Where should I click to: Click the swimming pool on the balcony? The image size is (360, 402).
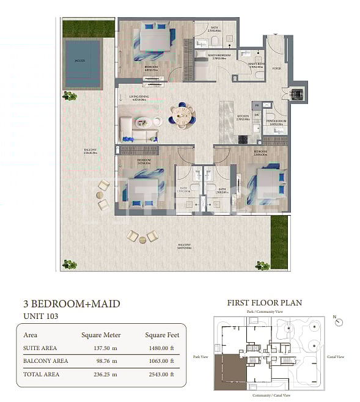pyautogui.click(x=81, y=59)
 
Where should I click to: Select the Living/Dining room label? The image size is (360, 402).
pyautogui.click(x=140, y=96)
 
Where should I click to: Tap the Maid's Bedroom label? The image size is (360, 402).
pyautogui.click(x=218, y=54)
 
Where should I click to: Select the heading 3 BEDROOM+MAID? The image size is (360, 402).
pyautogui.click(x=72, y=303)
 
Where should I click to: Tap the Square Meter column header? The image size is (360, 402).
pyautogui.click(x=101, y=335)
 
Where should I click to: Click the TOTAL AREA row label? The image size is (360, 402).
pyautogui.click(x=41, y=374)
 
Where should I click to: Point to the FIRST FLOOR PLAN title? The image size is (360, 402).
pyautogui.click(x=264, y=302)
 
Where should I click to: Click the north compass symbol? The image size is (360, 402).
pyautogui.click(x=339, y=321)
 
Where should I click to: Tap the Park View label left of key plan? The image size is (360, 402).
pyautogui.click(x=201, y=357)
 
